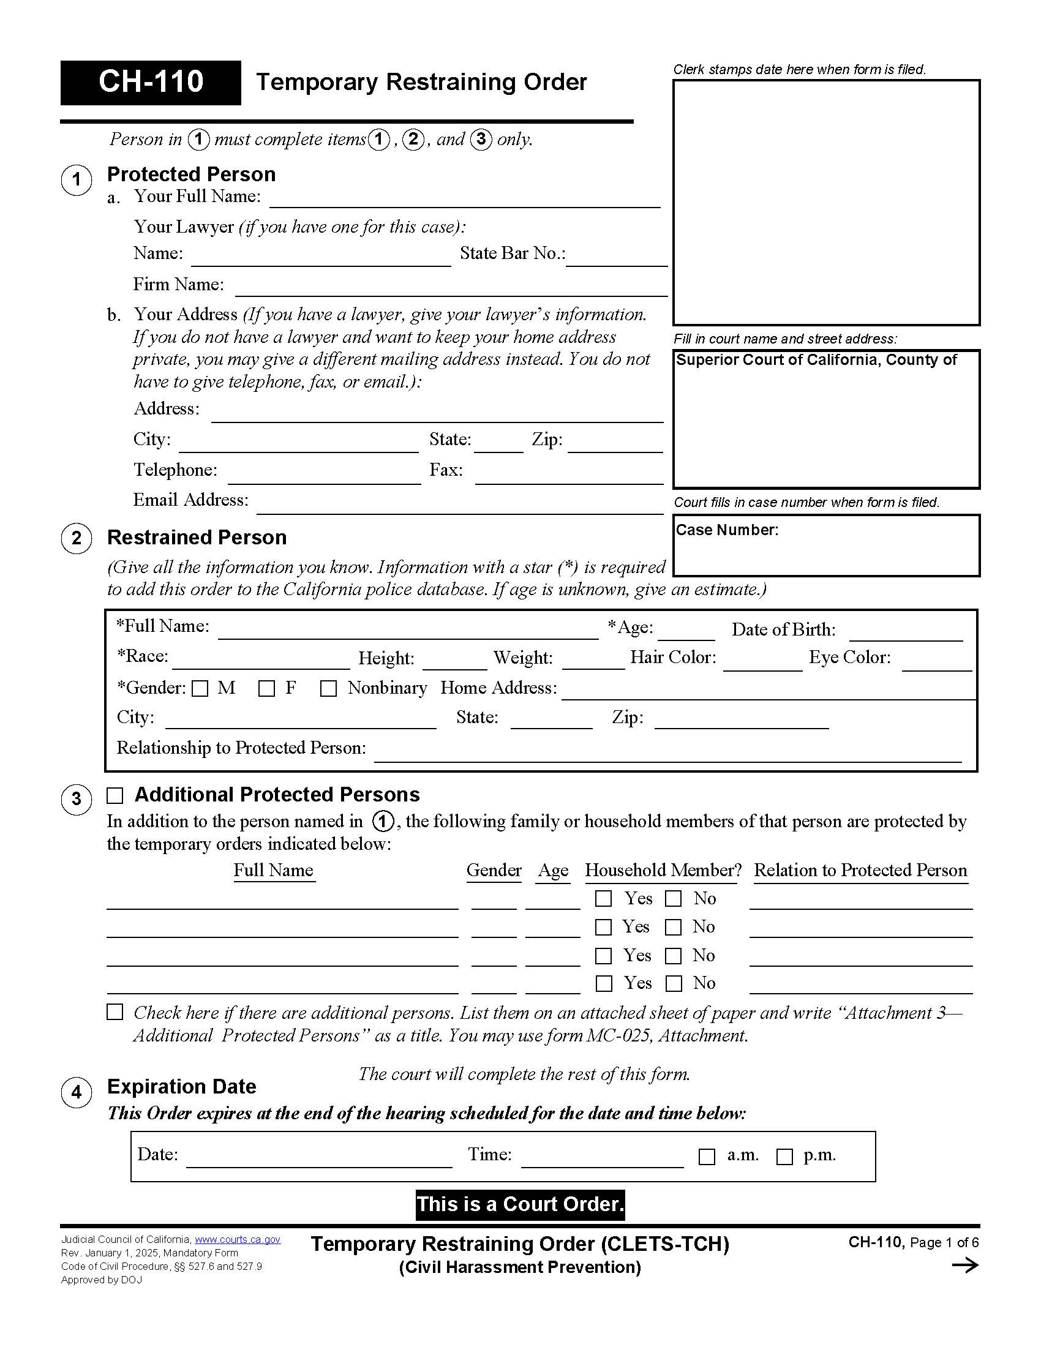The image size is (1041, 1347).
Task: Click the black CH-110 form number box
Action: pos(151,82)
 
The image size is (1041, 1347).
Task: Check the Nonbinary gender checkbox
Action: pos(328,688)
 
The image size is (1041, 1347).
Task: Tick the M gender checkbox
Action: pos(200,688)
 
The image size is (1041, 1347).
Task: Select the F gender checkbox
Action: pos(266,688)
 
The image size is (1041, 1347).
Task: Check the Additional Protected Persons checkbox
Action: pos(115,795)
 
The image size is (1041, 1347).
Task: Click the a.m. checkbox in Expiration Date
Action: pos(707,1157)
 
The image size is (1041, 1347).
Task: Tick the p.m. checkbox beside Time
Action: pos(784,1157)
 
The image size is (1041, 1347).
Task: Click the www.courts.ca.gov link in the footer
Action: pos(238,1240)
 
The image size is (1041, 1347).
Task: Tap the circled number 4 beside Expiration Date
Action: pos(76,1092)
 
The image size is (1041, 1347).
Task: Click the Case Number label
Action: pos(727,530)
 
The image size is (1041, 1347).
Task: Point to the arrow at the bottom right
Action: pos(965,1266)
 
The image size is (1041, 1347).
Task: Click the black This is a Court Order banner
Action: pos(520,1204)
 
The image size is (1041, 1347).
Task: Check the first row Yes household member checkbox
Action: pos(603,899)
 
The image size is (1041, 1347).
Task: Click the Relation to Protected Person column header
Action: pos(860,870)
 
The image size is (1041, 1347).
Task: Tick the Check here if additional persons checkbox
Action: pos(115,1012)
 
